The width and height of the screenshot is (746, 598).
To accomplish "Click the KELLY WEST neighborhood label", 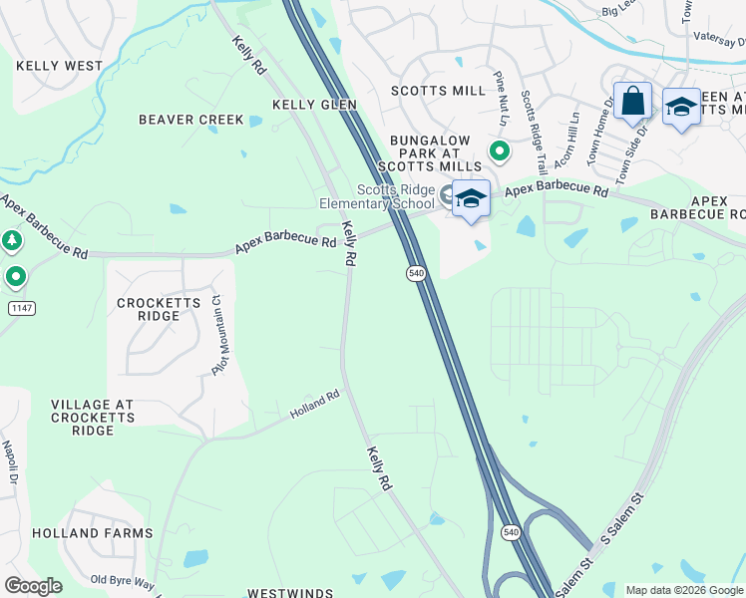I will [x=59, y=66].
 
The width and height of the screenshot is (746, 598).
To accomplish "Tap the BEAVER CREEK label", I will [x=190, y=120].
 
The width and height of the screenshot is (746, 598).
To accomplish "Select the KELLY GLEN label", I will [x=314, y=105].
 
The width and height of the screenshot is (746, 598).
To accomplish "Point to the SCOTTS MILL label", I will [x=438, y=91].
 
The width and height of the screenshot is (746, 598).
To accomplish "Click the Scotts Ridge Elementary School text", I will [x=397, y=197].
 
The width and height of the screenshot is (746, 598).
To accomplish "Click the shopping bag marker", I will [x=632, y=102].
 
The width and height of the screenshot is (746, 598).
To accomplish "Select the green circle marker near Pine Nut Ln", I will [x=499, y=151].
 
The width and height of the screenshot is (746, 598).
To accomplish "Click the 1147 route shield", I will [x=21, y=308].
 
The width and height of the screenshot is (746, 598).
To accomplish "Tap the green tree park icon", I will [x=11, y=241].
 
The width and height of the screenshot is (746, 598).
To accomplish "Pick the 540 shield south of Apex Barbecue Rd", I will [x=417, y=273].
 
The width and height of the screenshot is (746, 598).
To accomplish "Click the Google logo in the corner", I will [x=33, y=586].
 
